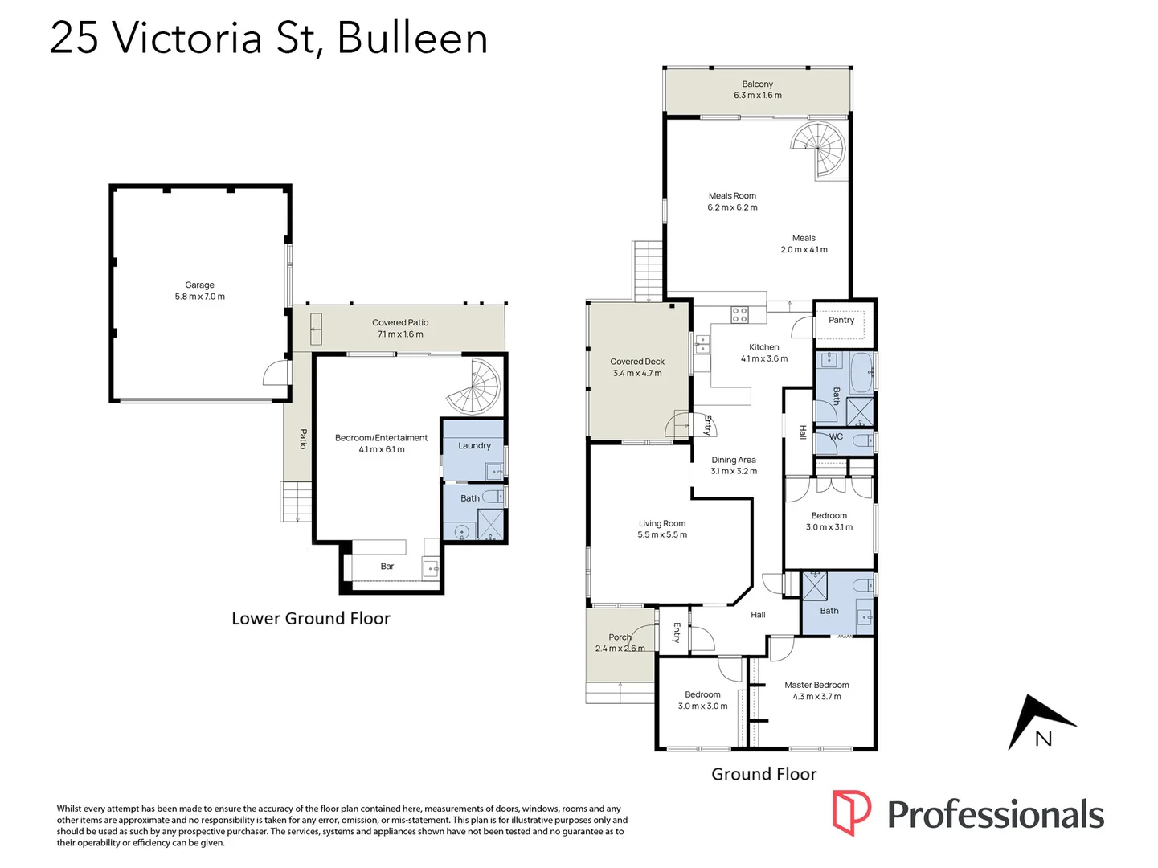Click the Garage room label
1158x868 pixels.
coord(199,285)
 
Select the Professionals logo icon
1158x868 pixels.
coord(851,813)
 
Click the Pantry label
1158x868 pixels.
coord(841,320)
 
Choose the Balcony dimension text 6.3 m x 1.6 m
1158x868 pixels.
coord(757,96)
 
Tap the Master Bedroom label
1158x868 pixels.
coord(816,685)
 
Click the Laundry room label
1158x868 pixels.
coord(474,446)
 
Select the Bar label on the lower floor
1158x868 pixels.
coord(387,567)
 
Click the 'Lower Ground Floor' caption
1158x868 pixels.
coord(311,619)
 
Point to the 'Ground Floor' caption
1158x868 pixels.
coord(763,774)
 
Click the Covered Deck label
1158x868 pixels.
coord(637,362)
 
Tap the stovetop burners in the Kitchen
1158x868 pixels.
coord(740,314)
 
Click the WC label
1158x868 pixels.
coord(836,437)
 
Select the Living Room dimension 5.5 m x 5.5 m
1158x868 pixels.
coord(662,535)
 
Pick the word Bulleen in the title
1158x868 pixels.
coord(412,38)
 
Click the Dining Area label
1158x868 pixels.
coord(733,461)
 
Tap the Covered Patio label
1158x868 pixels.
coord(400,322)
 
